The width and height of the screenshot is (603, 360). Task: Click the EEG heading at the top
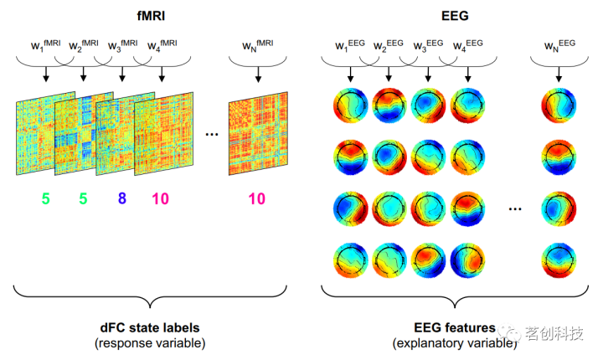click(x=454, y=13)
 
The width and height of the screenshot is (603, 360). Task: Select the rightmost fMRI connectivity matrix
click(x=256, y=136)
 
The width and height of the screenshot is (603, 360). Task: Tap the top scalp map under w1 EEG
click(x=351, y=106)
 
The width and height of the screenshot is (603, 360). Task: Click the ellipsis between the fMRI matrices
click(x=212, y=134)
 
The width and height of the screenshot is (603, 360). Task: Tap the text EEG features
click(x=454, y=328)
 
